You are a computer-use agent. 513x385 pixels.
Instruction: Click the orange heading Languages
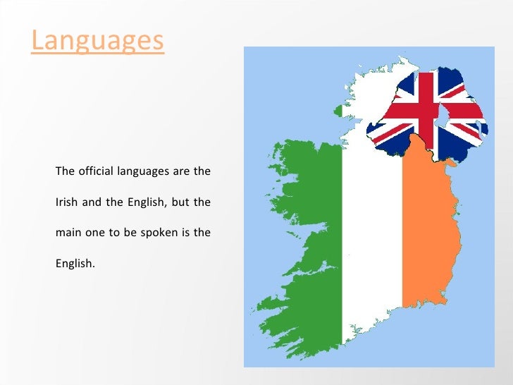point(97,40)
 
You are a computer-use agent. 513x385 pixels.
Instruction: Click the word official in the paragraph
point(95,171)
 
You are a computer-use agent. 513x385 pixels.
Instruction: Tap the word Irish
point(66,202)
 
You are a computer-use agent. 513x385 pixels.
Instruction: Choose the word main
point(66,233)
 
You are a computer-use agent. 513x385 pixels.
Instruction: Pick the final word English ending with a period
point(74,264)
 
